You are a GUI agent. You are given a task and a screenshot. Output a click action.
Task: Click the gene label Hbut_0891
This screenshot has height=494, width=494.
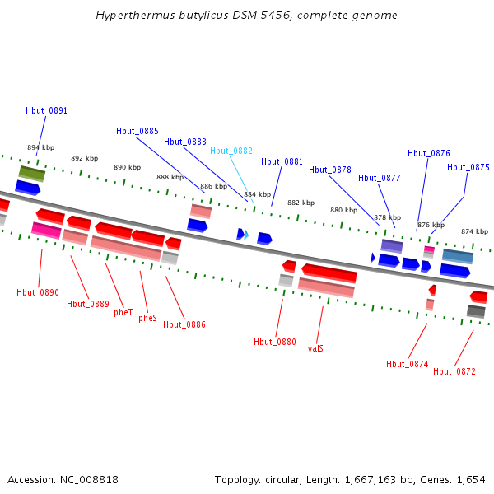click(46, 110)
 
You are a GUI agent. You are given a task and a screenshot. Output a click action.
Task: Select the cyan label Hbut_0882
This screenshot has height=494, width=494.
click(231, 151)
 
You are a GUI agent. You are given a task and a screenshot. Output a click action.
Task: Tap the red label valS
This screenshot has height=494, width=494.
click(315, 348)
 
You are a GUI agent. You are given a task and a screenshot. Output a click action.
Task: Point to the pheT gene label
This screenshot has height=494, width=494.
click(123, 313)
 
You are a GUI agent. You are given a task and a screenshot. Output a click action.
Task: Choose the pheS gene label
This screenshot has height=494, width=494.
click(147, 318)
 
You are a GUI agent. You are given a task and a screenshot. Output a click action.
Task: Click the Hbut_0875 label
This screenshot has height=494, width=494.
click(468, 167)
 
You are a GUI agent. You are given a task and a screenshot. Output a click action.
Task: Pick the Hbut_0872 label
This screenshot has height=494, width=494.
click(454, 371)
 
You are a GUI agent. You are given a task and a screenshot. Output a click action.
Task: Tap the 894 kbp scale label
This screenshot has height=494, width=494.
click(40, 147)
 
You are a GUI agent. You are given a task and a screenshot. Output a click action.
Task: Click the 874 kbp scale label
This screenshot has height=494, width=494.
click(474, 231)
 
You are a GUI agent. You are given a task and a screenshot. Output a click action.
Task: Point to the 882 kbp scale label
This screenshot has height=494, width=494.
click(301, 203)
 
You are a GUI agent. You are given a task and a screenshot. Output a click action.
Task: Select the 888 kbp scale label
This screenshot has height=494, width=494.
click(170, 177)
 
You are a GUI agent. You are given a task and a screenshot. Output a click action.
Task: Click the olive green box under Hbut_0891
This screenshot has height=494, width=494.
click(32, 173)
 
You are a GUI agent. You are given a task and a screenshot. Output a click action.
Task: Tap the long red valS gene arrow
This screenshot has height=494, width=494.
click(329, 272)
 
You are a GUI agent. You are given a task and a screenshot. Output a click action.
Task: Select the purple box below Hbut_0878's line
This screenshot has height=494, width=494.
click(392, 246)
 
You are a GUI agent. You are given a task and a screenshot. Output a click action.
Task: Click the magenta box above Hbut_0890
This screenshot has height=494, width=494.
click(46, 231)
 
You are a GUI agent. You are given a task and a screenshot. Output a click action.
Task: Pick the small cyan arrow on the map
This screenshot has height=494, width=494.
click(246, 235)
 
